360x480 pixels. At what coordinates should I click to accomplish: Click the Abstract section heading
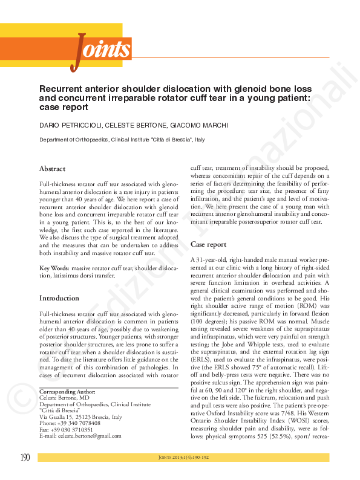53,169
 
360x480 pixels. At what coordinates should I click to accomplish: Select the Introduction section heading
59,298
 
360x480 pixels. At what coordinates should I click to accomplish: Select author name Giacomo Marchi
203,125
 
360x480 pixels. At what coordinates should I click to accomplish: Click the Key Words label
54,267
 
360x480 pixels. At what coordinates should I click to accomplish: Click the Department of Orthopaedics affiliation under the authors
122,140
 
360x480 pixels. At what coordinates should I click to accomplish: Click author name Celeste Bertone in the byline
138,125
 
